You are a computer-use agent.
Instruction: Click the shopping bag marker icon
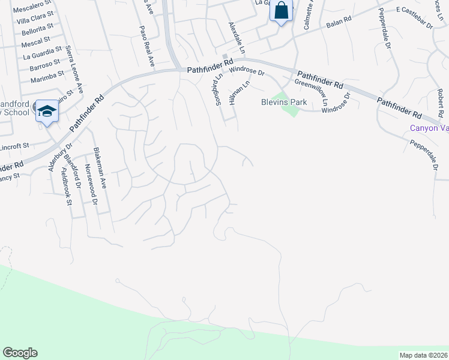(281, 11)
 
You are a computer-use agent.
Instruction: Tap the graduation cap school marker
(47, 111)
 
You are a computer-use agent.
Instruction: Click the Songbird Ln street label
(219, 88)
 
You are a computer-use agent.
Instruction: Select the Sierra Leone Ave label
(76, 67)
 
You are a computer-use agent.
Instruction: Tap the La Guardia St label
(43, 52)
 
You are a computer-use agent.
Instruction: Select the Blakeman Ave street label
(98, 169)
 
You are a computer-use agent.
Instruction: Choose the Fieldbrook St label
(67, 187)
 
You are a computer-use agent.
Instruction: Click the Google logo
(20, 353)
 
